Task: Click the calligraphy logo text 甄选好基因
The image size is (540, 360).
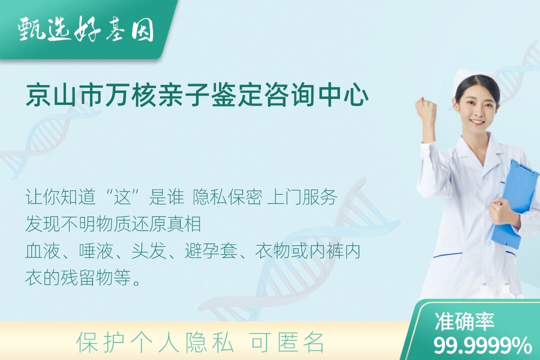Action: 86,29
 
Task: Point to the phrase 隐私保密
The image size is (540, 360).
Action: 227,197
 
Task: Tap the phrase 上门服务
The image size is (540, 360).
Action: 302,197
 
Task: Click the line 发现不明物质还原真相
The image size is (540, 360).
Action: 113,224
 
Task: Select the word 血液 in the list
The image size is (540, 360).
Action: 42,251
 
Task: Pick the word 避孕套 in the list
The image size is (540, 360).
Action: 211,251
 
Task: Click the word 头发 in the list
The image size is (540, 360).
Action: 149,251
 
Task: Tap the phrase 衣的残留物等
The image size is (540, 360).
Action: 78,277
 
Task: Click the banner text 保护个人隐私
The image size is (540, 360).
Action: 154,341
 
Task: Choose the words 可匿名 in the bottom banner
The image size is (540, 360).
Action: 287,341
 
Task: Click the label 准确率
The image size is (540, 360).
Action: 464,321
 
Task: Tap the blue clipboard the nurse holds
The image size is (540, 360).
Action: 515,203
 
